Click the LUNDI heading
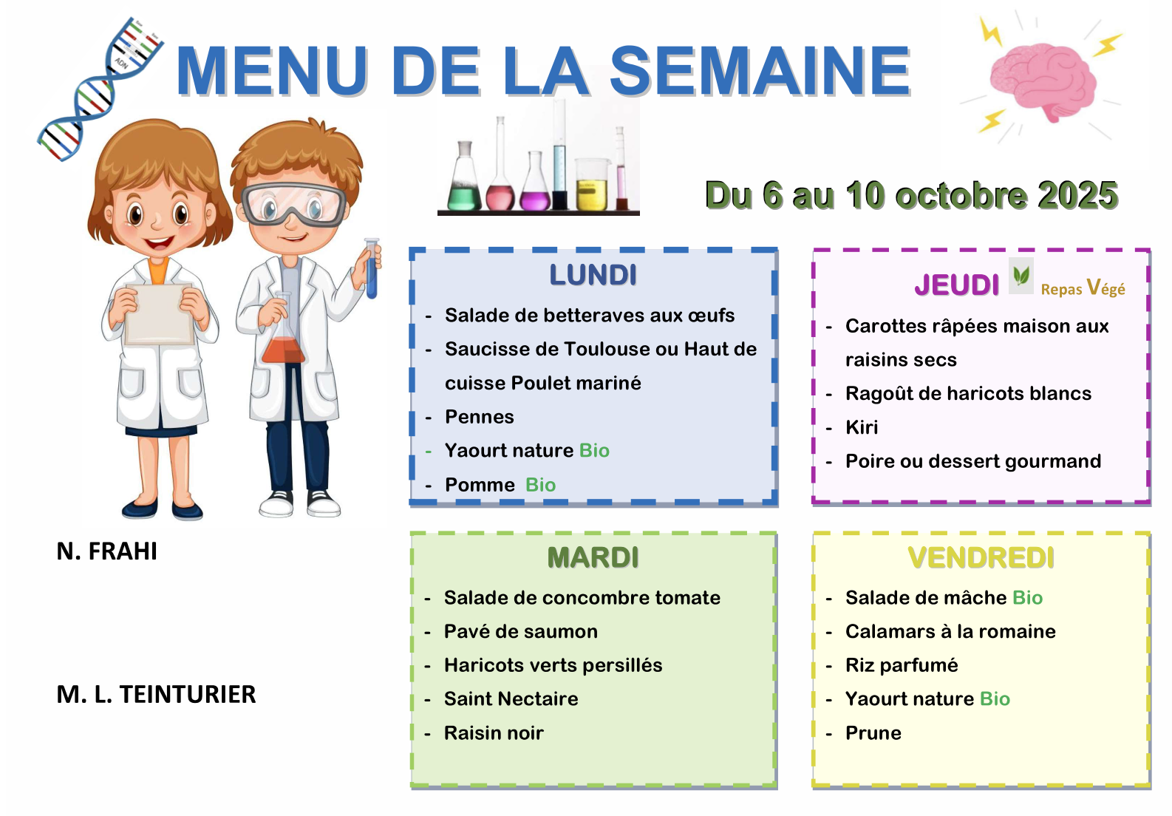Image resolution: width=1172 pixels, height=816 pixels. tap(593, 275)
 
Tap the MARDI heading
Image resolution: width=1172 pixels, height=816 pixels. tap(593, 557)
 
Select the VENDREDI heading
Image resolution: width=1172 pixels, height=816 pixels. tap(981, 557)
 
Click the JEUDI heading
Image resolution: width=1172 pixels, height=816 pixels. tap(956, 285)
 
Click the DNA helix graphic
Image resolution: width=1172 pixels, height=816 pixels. tap(100, 89)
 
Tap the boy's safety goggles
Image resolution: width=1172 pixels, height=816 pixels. tap(293, 205)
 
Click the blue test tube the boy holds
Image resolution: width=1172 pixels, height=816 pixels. tap(372, 269)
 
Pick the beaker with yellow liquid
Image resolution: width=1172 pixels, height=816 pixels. tap(593, 185)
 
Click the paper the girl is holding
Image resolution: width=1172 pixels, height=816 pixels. tap(159, 314)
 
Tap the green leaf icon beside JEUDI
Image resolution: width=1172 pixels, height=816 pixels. tap(1021, 275)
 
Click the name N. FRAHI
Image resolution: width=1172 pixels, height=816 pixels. tap(106, 551)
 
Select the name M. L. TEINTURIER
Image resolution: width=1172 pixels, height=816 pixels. tap(156, 695)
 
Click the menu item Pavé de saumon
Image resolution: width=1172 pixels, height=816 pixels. tap(520, 631)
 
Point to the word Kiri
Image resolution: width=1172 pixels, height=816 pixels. tap(861, 427)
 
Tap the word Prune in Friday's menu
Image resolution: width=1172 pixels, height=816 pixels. tap(873, 732)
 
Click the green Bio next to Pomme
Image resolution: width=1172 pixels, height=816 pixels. tap(540, 485)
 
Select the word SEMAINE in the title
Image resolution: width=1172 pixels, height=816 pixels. tap(760, 71)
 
